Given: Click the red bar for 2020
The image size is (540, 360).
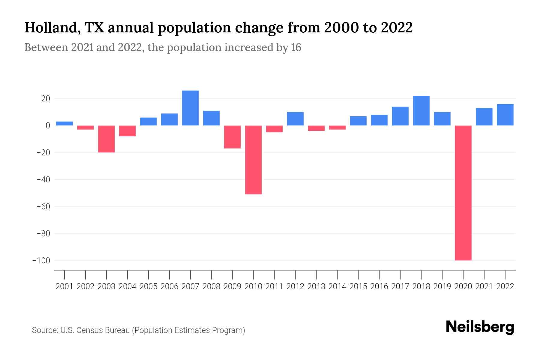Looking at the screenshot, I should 463,193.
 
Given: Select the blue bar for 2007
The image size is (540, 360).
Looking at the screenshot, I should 190,108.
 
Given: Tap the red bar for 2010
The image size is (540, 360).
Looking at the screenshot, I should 253,160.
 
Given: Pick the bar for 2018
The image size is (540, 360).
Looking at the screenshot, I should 421,111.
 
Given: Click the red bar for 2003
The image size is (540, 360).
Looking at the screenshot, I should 106,139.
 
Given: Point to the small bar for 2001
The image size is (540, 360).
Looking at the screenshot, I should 64,123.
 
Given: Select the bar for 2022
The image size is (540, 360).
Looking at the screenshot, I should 505,115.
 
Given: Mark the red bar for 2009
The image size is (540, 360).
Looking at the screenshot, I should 232,137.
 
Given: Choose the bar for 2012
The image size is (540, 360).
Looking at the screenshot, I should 295,119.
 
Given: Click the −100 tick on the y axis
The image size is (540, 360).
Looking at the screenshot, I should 41,260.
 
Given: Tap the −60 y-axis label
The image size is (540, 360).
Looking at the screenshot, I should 43,207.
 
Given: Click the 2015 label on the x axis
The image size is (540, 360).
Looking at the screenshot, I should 358,286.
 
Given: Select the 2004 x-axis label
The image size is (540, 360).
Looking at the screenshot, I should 127,286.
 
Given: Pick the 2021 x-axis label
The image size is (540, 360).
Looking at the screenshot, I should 484,286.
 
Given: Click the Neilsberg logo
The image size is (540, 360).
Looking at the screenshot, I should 480,327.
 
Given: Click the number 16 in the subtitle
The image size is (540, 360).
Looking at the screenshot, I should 296,47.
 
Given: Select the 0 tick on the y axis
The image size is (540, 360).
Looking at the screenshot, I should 48,126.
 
